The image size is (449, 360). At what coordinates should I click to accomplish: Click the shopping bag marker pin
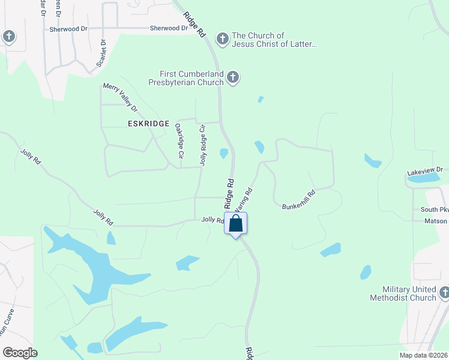click(x=236, y=224)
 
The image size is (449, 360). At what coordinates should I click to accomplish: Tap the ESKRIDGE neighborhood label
click(x=146, y=123)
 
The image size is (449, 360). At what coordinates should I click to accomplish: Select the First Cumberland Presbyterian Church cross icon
click(x=233, y=77)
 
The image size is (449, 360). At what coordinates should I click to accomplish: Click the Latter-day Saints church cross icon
click(x=222, y=40)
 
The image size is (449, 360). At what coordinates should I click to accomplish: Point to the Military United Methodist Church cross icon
click(x=444, y=293)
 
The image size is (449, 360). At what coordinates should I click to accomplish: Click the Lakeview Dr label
click(x=424, y=172)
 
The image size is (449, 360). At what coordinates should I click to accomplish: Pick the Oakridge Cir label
click(x=179, y=141)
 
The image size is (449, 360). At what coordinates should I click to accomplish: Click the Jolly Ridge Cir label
click(x=203, y=144)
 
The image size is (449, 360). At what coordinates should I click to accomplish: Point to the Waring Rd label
click(x=244, y=200)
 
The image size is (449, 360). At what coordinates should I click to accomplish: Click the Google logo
click(x=20, y=353)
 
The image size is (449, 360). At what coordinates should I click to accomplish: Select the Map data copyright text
click(x=423, y=355)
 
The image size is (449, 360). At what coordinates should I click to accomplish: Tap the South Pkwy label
click(x=434, y=209)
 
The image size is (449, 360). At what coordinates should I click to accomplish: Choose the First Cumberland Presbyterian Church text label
click(x=191, y=78)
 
